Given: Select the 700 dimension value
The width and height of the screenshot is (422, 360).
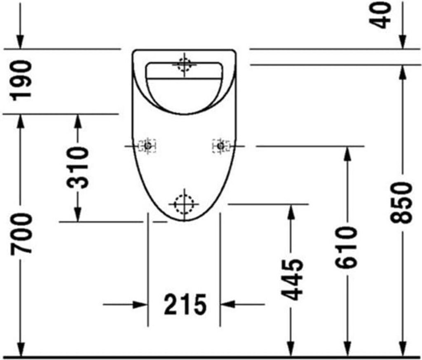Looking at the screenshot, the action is [x=21, y=234].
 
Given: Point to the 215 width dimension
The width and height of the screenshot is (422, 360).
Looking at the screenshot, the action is [x=185, y=304].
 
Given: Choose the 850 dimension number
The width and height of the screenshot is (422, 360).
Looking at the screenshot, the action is [x=401, y=203].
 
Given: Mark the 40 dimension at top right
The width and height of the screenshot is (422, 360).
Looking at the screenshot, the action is [x=381, y=15].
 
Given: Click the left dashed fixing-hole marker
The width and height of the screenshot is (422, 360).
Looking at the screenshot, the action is [x=148, y=146].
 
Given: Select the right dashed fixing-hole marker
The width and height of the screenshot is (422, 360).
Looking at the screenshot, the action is [x=221, y=146].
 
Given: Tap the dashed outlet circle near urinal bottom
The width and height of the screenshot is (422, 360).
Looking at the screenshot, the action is [x=184, y=204].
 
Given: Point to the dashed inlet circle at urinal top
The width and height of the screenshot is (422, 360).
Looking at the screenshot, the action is [x=185, y=65].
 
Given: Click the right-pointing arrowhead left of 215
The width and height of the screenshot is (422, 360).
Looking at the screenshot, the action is [x=141, y=304].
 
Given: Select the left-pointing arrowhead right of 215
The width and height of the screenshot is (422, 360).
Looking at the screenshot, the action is [x=227, y=304].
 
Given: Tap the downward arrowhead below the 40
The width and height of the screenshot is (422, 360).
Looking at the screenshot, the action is [x=403, y=42].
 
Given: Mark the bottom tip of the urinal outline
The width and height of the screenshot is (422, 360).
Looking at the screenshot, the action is [x=184, y=222].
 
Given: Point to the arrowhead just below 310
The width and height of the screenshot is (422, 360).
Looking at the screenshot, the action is [x=77, y=214].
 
